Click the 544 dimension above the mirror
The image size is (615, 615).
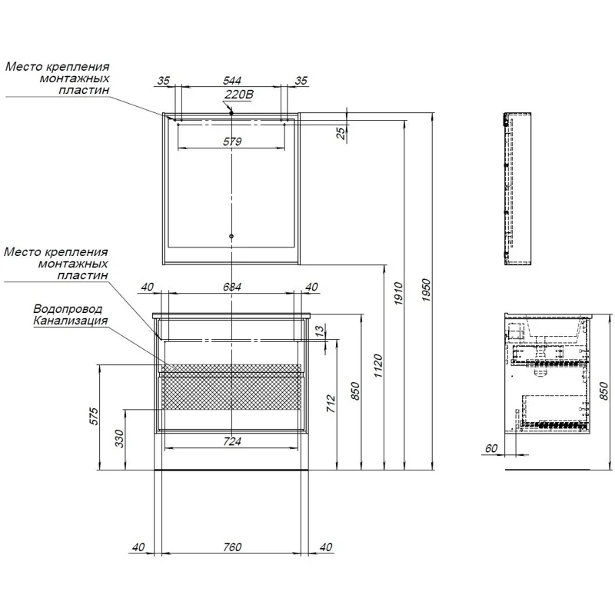pyautogui.click(x=232, y=79)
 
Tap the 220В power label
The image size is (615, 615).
pyautogui.click(x=238, y=95)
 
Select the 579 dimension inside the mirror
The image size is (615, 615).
pyautogui.click(x=232, y=141)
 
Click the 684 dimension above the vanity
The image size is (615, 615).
pyautogui.click(x=232, y=287)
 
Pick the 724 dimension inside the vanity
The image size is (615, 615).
pyautogui.click(x=232, y=440)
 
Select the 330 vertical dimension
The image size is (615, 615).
pyautogui.click(x=119, y=439)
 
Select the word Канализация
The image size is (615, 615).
pyautogui.click(x=70, y=321)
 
